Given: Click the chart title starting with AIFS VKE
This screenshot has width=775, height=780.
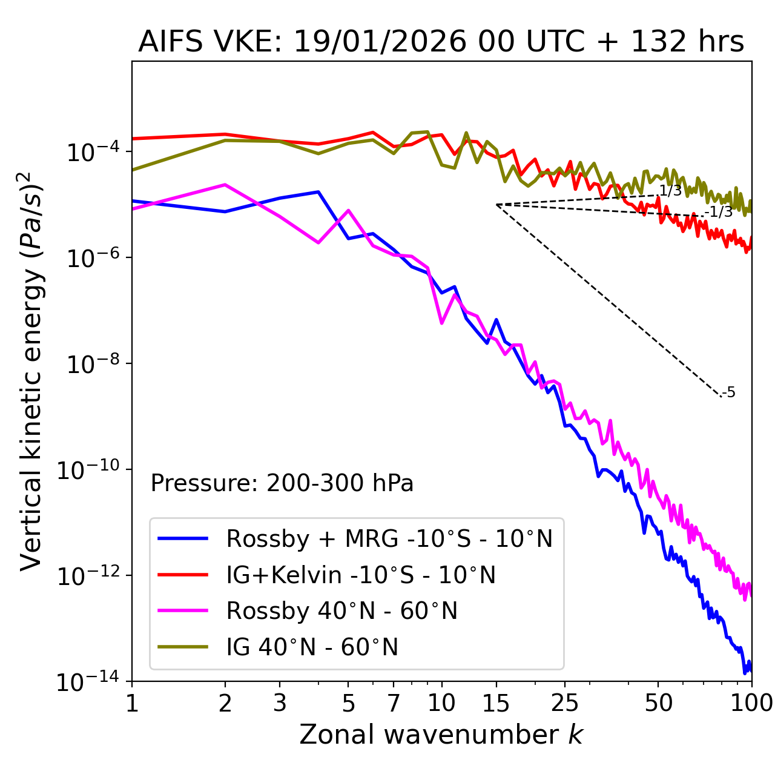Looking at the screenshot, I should pos(441,42).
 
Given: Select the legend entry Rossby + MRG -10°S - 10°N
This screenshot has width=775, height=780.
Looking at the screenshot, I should pos(389,538).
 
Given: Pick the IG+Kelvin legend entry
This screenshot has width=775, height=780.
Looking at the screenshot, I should pos(361,575).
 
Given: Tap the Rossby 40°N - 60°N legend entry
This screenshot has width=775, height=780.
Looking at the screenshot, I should pos(341,611).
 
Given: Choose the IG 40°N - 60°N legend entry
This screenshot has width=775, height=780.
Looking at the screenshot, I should pos(312,647).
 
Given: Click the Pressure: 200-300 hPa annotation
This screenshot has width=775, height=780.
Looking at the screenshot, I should pos(282,483).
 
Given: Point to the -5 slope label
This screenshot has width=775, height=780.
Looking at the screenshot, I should pos(729,392).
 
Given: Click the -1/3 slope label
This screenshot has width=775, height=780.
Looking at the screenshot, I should pos(719,212).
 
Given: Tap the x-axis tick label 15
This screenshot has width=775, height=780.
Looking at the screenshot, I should pos(496,703).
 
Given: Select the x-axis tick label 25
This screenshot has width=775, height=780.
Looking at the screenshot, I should pos(565,703).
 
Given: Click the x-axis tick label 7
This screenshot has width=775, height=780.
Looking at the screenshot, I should pos(394,703).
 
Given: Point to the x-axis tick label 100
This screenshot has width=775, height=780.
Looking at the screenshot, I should pos(751,703).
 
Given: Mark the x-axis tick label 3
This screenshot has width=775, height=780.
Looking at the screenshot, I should pos(280,703).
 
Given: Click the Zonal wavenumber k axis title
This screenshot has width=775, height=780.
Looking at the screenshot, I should pos(441,735).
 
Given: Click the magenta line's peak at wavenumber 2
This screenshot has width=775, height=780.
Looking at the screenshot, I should pos(225,185).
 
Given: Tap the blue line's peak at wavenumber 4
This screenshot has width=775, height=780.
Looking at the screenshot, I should pos(318,192).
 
